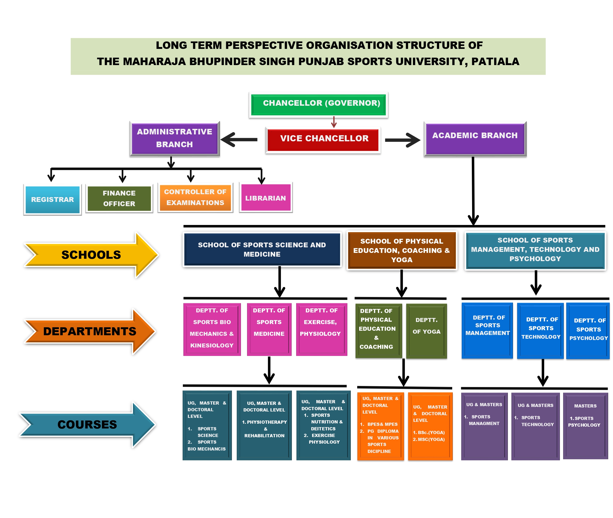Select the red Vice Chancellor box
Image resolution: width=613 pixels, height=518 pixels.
pos(323,140)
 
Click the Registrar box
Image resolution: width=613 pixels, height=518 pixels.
pos(53,200)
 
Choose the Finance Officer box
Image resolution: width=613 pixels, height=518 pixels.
pos(119,198)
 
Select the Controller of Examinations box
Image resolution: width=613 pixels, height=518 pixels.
pos(195,197)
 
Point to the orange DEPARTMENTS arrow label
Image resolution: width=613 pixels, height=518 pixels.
pos(89,332)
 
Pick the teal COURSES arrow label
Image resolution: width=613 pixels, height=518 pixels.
pos(87,424)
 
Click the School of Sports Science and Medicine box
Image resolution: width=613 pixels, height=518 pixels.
pos(262,250)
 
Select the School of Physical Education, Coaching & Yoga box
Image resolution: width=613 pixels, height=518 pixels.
pos(402,250)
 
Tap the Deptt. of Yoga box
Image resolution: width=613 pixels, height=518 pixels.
pos(426,331)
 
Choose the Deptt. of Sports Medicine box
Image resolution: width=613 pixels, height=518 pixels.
pos(269,329)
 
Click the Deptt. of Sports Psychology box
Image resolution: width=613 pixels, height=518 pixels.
pos(588,331)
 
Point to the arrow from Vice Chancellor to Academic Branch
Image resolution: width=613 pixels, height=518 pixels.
pos(402,140)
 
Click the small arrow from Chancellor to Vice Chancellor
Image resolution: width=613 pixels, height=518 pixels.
pos(334,122)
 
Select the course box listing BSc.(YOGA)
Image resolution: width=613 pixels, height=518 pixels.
pos(430,426)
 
